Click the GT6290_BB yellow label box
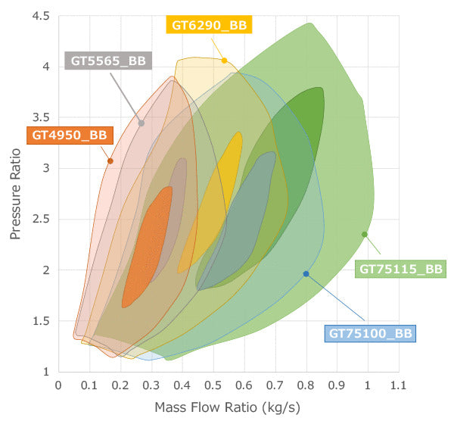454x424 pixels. point(207,25)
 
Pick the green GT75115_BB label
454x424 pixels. point(401,268)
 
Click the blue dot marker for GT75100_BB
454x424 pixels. point(306,273)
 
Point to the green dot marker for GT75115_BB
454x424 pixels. point(365,234)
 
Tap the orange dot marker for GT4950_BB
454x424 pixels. point(110,161)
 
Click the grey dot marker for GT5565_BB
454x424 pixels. point(141,123)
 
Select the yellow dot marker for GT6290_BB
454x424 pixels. point(225,61)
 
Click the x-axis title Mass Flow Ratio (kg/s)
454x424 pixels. point(228,407)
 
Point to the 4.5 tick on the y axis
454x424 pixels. point(41,16)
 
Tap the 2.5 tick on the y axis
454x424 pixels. point(41,219)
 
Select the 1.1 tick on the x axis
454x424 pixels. point(398,384)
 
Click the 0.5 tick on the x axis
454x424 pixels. point(213,384)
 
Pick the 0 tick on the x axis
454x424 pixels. point(58,384)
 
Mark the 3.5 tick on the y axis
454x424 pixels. point(41,117)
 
